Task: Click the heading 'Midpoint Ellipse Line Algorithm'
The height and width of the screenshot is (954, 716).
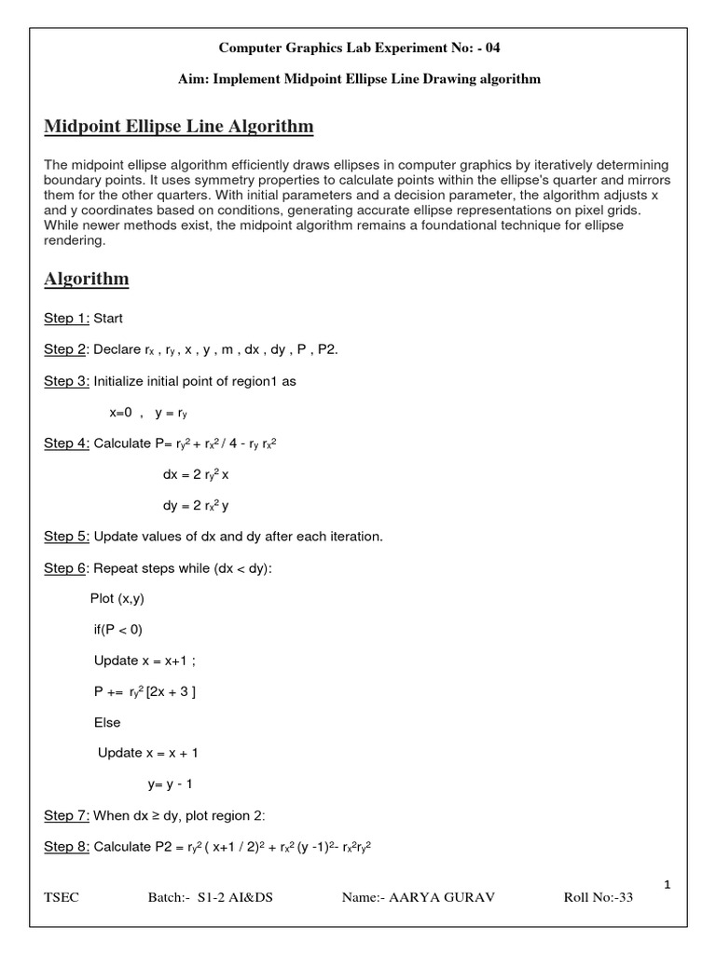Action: coord(179,126)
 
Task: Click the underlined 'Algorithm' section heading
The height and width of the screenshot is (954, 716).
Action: coord(87,279)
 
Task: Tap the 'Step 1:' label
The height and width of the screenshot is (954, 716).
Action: coord(67,319)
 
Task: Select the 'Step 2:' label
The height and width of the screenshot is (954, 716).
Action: coord(67,349)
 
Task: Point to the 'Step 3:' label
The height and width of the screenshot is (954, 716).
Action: coord(67,381)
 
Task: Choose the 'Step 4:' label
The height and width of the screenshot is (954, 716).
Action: coord(67,443)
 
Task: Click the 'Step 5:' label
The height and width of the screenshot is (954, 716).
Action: coord(67,536)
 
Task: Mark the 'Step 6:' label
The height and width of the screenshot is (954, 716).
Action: coord(67,567)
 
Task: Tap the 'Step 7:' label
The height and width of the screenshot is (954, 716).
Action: coord(67,815)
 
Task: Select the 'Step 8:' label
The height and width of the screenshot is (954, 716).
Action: coord(67,846)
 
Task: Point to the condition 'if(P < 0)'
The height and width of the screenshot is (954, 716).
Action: coord(118,629)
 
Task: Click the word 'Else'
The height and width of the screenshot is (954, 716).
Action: coord(107,722)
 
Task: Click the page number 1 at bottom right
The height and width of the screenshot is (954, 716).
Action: coord(668,885)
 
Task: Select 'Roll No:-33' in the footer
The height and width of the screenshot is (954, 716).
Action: coord(599,898)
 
